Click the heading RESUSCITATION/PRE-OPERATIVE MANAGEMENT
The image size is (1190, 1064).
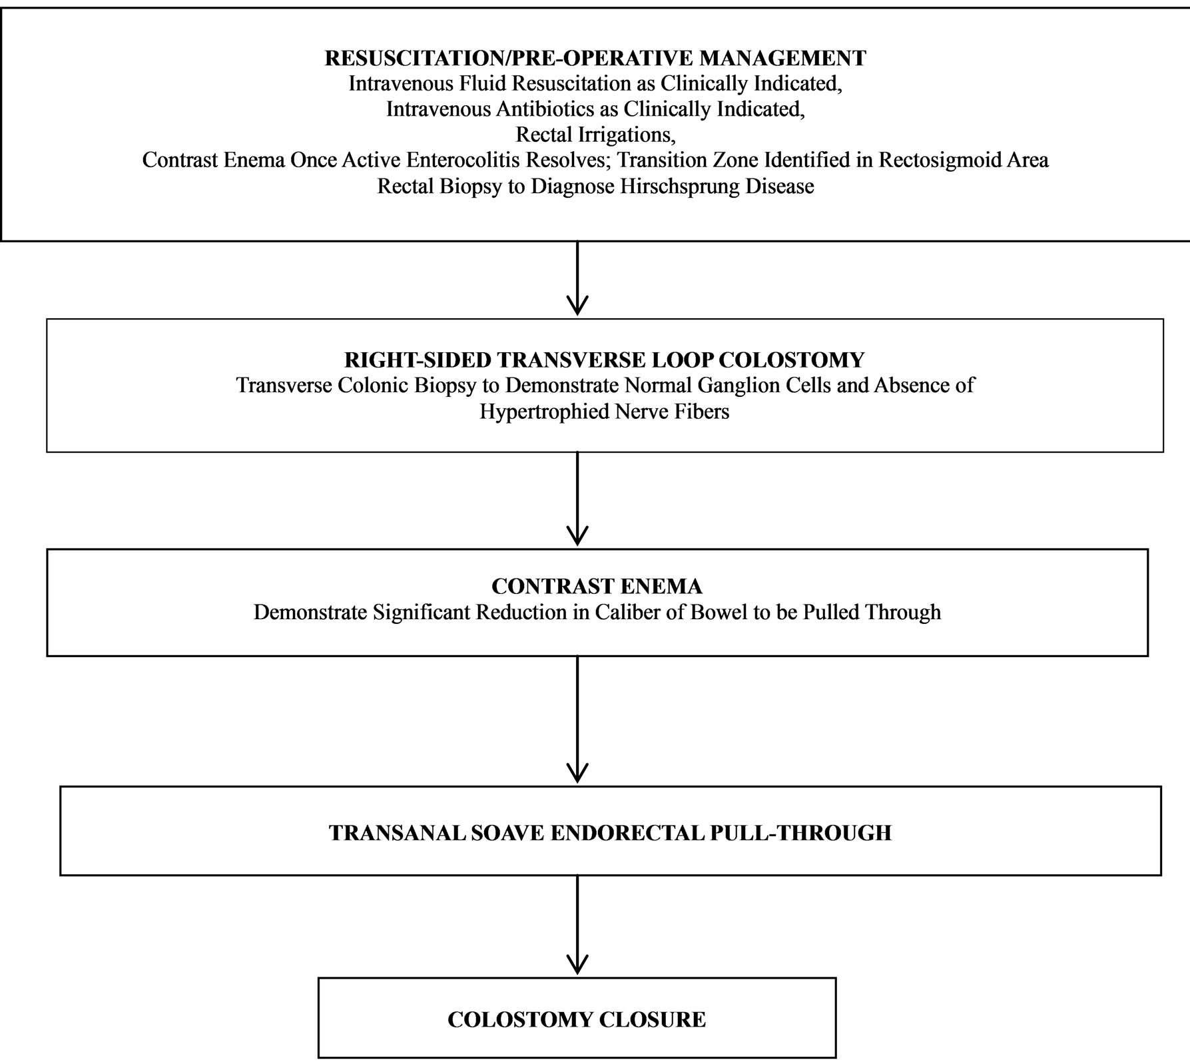[595, 58]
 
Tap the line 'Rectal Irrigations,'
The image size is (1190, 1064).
[595, 135]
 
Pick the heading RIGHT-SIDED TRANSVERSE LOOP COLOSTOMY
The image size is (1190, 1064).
[604, 360]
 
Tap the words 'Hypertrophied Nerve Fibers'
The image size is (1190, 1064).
[604, 411]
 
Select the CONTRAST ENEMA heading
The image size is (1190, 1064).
[597, 587]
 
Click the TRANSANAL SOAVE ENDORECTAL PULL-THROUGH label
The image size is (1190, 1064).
[610, 833]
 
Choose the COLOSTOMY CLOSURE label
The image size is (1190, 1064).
[577, 1019]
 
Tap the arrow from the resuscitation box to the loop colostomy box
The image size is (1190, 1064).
[577, 278]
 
